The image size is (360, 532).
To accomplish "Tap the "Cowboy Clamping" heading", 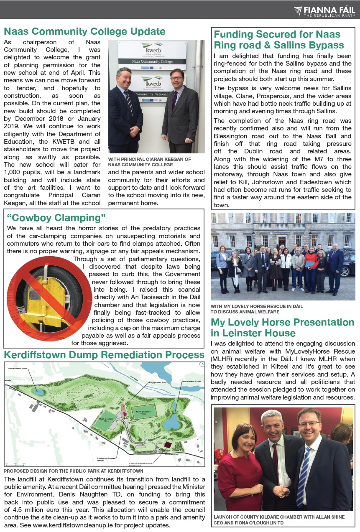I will coord(56,218).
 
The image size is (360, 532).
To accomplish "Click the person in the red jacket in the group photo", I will coord(310,263).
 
